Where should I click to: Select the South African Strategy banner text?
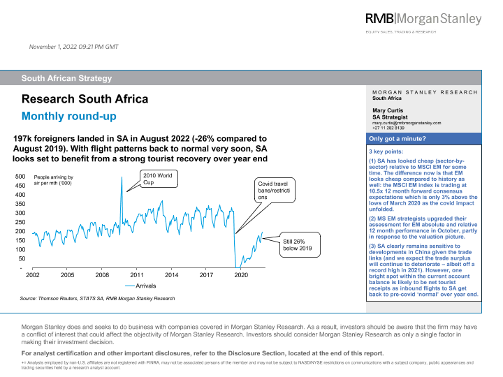click(66, 78)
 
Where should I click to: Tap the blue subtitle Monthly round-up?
click(68, 116)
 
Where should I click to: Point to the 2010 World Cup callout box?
click(157, 179)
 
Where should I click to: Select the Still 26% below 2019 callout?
click(297, 244)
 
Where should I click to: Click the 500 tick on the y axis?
click(21, 177)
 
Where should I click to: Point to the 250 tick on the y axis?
click(21, 222)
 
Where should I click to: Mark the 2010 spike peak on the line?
click(122, 177)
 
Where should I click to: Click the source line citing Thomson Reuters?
click(97, 299)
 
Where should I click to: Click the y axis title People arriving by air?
click(54, 182)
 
